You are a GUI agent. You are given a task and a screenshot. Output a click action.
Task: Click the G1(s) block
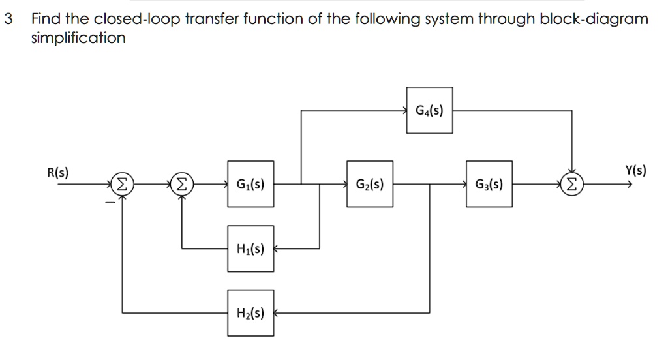tap(251, 185)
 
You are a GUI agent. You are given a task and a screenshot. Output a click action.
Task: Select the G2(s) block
tap(369, 185)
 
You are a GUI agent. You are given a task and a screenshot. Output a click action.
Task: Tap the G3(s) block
tap(489, 185)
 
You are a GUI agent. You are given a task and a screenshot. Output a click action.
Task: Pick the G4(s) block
tap(429, 110)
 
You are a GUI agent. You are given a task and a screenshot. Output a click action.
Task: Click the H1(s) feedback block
tap(251, 248)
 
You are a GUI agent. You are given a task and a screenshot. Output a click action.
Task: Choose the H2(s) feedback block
tap(251, 313)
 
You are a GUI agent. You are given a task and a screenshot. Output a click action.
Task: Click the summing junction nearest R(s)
tap(121, 185)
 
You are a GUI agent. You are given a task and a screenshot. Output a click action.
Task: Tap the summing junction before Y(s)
tap(572, 185)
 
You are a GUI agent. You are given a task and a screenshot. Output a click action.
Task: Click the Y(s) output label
tap(635, 172)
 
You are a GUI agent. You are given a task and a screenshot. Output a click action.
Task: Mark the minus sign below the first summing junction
tap(111, 203)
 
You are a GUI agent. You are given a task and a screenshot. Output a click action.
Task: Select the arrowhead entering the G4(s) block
tap(404, 110)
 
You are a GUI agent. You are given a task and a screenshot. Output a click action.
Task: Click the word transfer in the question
tap(210, 19)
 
